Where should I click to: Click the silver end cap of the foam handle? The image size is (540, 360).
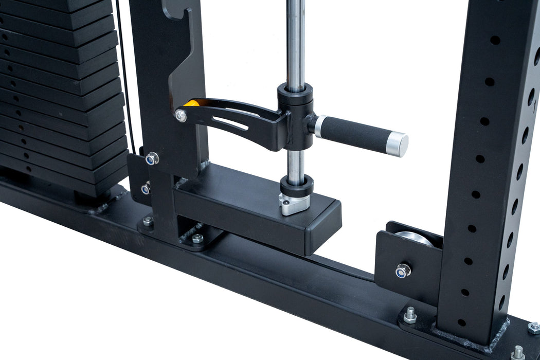click(x=399, y=144)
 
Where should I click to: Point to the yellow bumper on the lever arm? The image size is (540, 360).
click(x=191, y=103)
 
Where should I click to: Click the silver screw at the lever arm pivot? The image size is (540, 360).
click(x=181, y=116)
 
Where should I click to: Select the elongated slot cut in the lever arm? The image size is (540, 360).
click(x=231, y=123)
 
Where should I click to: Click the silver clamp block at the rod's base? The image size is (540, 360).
click(x=295, y=204)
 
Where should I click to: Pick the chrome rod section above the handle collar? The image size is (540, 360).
click(x=295, y=41)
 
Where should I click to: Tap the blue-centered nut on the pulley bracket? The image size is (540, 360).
click(x=403, y=270)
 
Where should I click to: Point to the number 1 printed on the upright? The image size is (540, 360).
click(x=535, y=109)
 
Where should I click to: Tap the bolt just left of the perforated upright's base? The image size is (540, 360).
click(x=410, y=315)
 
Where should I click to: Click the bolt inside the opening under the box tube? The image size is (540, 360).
click(x=197, y=239)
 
